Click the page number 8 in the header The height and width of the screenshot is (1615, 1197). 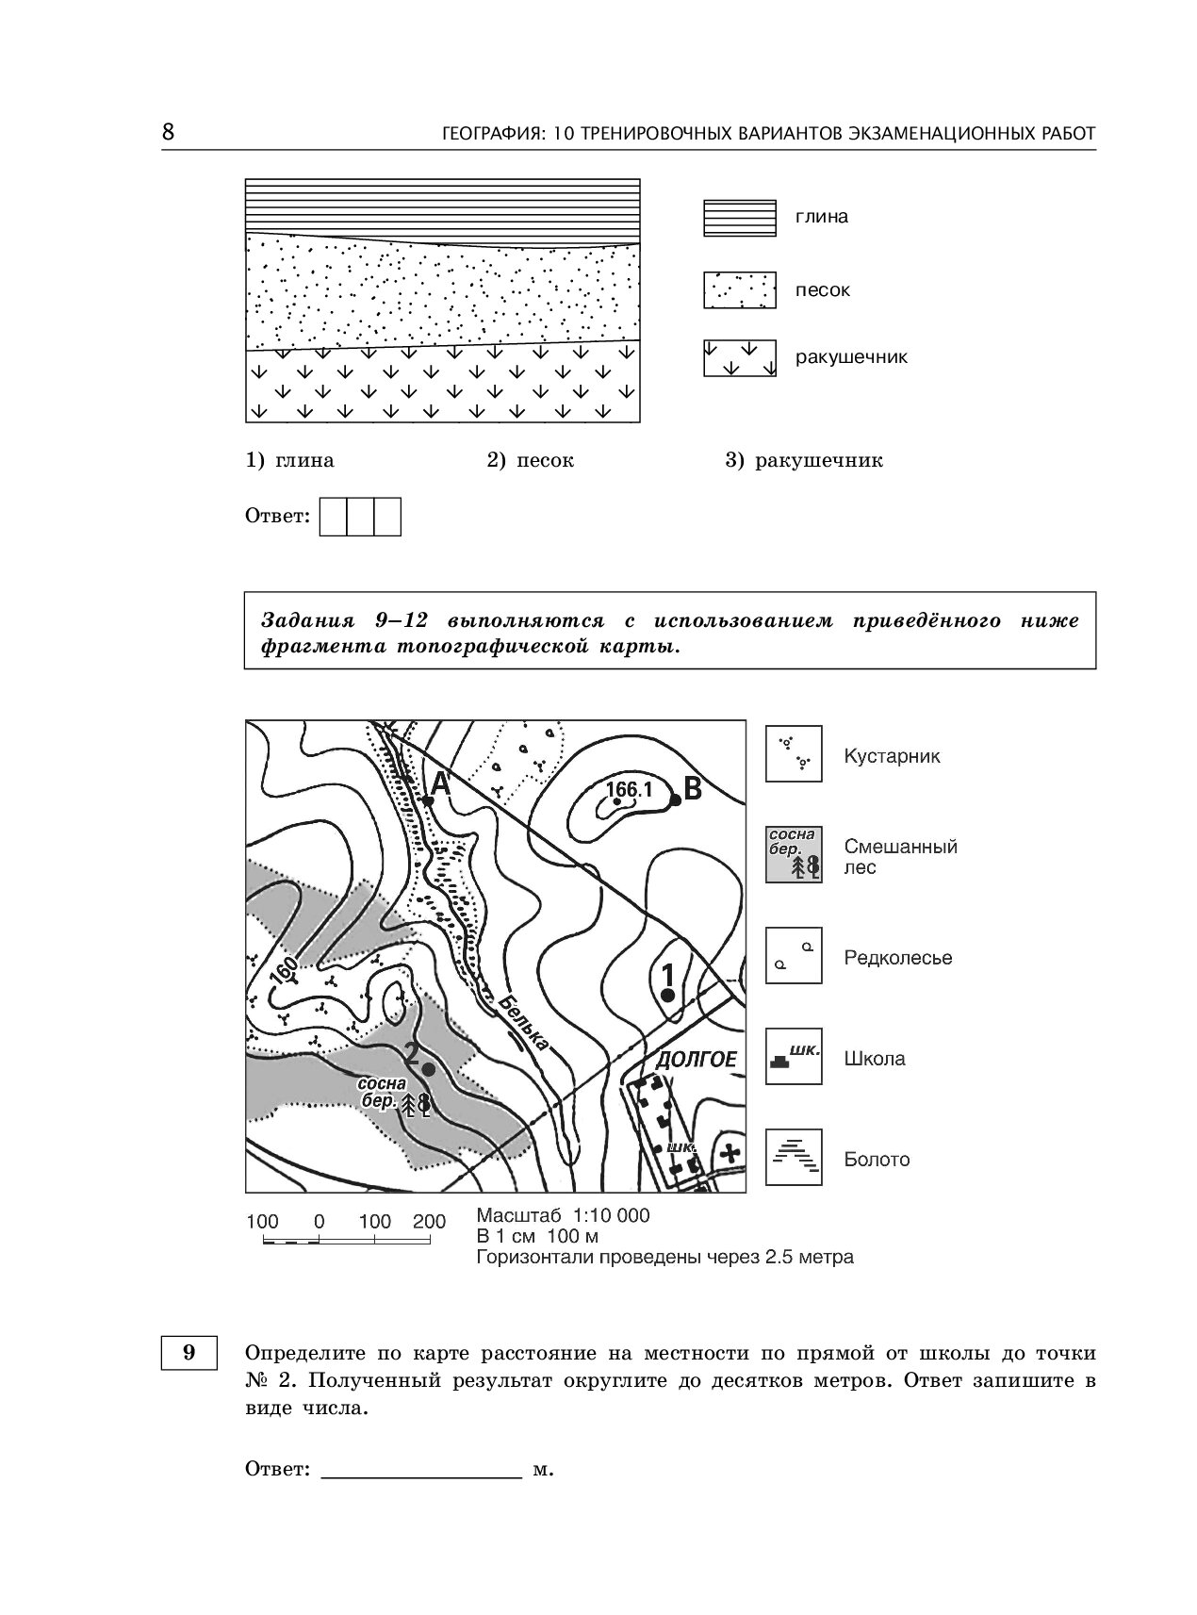tap(168, 132)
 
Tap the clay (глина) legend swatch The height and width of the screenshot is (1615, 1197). tap(739, 218)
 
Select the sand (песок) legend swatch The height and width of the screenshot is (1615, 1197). tap(739, 290)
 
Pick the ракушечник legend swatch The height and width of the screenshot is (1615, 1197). tap(739, 358)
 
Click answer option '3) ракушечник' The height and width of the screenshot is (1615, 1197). tap(803, 461)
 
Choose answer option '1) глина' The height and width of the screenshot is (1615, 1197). tap(289, 461)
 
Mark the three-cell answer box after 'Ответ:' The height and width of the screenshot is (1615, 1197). tap(361, 517)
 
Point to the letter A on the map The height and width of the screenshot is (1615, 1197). tap(440, 782)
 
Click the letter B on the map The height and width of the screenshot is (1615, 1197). tap(693, 788)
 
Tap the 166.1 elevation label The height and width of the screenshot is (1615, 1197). tap(630, 790)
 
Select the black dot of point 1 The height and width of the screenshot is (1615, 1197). tap(667, 995)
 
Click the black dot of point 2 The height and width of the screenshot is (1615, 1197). tap(429, 1069)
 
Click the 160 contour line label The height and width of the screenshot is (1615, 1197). tap(283, 971)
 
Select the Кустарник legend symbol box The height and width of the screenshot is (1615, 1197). tap(794, 754)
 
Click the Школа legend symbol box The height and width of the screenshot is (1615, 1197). tap(794, 1057)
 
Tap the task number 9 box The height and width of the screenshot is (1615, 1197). tap(189, 1353)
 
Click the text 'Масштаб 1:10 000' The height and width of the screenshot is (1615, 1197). tap(563, 1215)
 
